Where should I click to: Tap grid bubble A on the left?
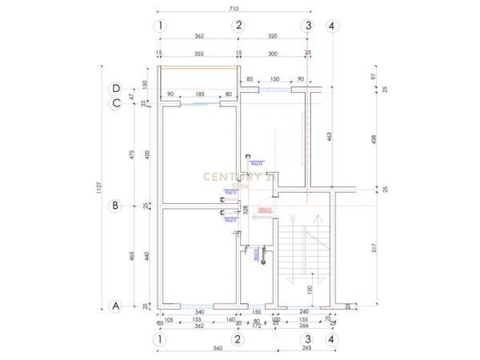click(x=115, y=306)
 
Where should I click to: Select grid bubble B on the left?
click(x=115, y=206)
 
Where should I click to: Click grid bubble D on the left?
click(x=116, y=89)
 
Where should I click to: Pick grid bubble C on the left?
click(x=116, y=102)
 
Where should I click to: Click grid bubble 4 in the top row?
click(x=332, y=26)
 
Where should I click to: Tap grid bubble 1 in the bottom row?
click(x=161, y=340)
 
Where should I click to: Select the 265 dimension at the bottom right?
click(x=308, y=350)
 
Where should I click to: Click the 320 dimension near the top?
click(x=273, y=37)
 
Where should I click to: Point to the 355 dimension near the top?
click(x=199, y=54)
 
